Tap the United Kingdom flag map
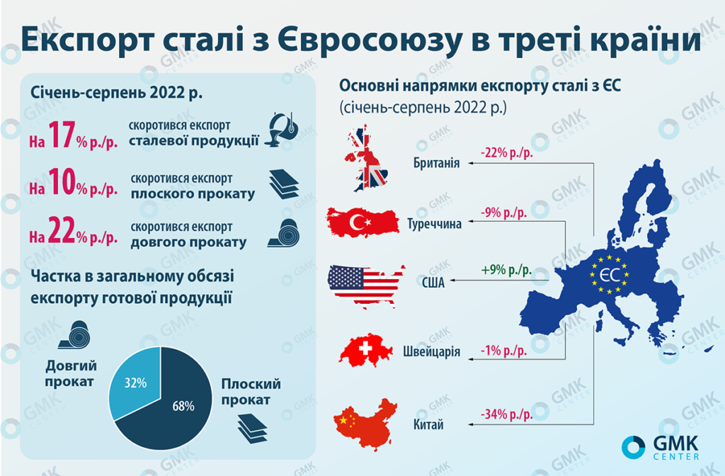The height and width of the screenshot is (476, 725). pos(366,158)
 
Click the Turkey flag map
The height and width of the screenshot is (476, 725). pos(363,222)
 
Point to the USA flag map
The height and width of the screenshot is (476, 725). pos(365,285)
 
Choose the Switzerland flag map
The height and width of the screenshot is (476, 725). pos(365,350)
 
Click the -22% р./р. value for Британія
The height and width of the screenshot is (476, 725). pos(507,153)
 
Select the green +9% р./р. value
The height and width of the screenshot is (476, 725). pos(506,270)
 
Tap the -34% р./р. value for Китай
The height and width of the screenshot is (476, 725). pos(507,414)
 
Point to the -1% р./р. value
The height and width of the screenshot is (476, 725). pos(503,351)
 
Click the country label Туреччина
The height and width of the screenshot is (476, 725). pos(434,224)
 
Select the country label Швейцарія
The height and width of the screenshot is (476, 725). pos(432,351)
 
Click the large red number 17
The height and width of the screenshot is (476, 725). pos(62,135)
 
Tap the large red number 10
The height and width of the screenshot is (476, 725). pos(62,181)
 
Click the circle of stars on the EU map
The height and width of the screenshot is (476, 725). pos(608,275)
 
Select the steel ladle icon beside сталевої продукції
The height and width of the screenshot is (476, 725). pos(282,130)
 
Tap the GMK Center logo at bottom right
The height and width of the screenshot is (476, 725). pos(661,448)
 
